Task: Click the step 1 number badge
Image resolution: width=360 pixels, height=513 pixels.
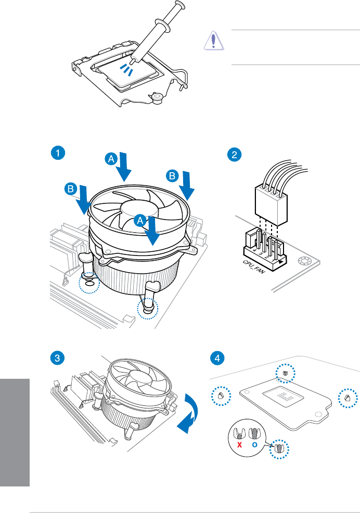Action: click(59, 153)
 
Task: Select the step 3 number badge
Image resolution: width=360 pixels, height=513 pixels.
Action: click(59, 358)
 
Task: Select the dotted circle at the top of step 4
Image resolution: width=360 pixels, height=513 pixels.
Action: click(285, 373)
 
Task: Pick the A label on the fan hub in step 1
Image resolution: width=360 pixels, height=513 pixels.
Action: click(140, 221)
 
